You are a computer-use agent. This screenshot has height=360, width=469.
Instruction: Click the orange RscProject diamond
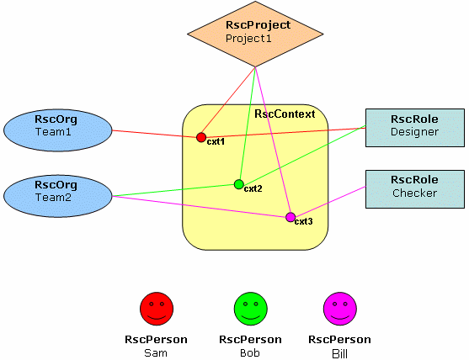pyautogui.click(x=255, y=34)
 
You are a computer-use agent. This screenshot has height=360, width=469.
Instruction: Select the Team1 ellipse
pyautogui.click(x=58, y=130)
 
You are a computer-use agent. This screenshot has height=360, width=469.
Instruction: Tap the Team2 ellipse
pyautogui.click(x=58, y=196)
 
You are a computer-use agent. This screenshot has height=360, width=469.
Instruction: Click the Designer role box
pyautogui.click(x=415, y=128)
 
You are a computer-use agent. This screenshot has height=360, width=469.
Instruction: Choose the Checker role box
pyautogui.click(x=415, y=189)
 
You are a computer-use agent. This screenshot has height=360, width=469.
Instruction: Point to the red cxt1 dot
pyautogui.click(x=201, y=137)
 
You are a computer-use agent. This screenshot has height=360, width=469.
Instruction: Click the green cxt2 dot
pyautogui.click(x=238, y=184)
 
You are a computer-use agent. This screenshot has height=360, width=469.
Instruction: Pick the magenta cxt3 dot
pyautogui.click(x=290, y=217)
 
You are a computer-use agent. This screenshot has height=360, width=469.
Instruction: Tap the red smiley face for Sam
pyautogui.click(x=157, y=309)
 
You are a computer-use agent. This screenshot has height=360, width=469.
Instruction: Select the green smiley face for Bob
pyautogui.click(x=251, y=309)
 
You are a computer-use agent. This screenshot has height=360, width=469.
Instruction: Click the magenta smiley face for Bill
pyautogui.click(x=340, y=309)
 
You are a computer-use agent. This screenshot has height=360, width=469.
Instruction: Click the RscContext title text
pyautogui.click(x=285, y=114)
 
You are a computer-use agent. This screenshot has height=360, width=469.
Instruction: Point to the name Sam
pyautogui.click(x=156, y=353)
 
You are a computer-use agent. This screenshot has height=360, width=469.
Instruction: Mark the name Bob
pyautogui.click(x=250, y=353)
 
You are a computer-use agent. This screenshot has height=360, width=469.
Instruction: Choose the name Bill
pyautogui.click(x=339, y=354)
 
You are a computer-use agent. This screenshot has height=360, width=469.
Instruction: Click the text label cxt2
pyautogui.click(x=253, y=188)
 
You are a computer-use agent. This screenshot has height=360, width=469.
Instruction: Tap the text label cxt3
pyautogui.click(x=304, y=221)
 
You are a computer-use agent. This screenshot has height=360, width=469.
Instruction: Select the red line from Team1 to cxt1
pyautogui.click(x=154, y=134)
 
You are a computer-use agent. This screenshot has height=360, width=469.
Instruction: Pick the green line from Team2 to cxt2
pyautogui.click(x=173, y=190)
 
